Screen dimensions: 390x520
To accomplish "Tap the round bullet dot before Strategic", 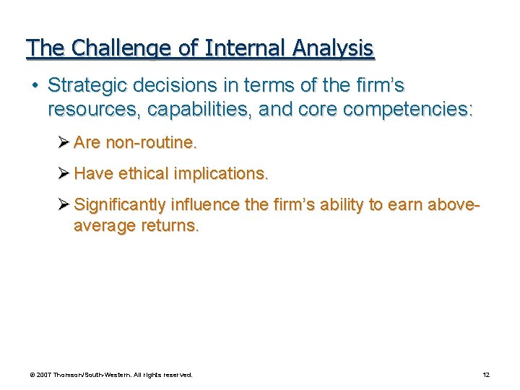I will (34, 85).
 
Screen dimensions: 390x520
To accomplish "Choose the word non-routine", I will (151, 143).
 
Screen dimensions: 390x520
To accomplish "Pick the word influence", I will (207, 205).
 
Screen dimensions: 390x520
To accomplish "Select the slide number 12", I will (486, 375).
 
